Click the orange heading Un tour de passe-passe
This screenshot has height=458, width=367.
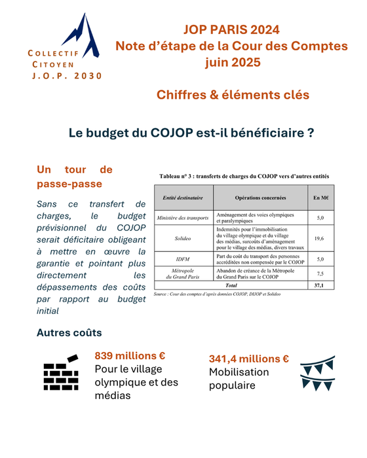pyautogui.click(x=75, y=177)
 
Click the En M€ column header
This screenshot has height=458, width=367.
pyautogui.click(x=321, y=197)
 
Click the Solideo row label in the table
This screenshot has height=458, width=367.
pyautogui.click(x=184, y=239)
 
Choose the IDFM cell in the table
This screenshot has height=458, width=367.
pyautogui.click(x=184, y=260)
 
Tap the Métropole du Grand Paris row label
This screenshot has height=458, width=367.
pyautogui.click(x=184, y=272)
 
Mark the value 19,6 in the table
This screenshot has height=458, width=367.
pyautogui.click(x=321, y=239)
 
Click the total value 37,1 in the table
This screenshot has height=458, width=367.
pyautogui.click(x=321, y=286)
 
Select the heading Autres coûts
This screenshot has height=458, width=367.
pyautogui.click(x=69, y=332)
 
